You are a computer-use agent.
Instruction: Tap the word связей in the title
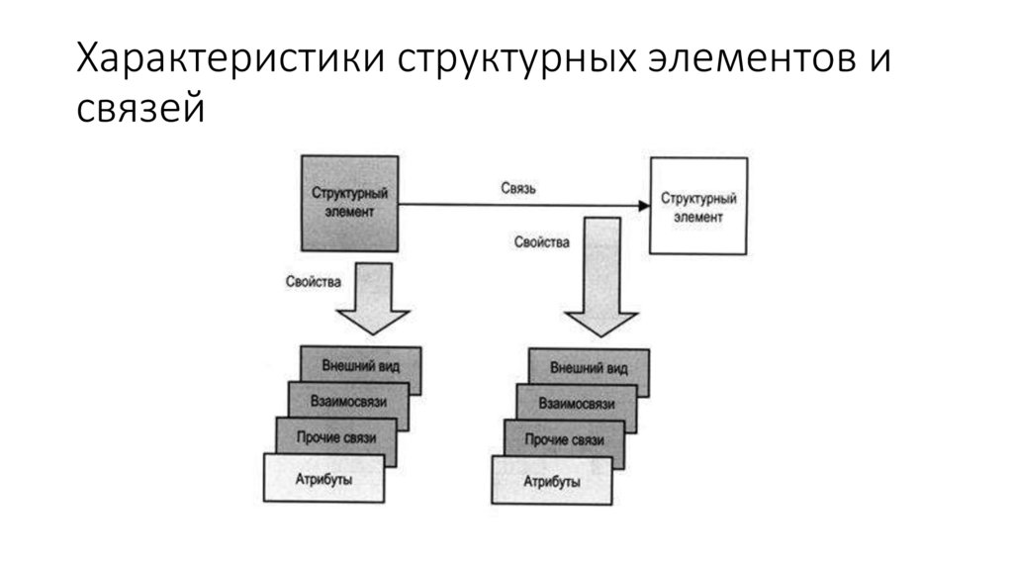pyautogui.click(x=141, y=106)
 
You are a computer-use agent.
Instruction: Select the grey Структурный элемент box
pyautogui.click(x=349, y=203)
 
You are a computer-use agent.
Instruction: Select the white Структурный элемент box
pyautogui.click(x=697, y=206)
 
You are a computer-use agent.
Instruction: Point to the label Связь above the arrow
pyautogui.click(x=518, y=189)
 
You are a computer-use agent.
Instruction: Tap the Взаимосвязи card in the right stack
pyautogui.click(x=577, y=404)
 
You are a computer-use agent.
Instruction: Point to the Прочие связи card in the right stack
pyautogui.click(x=564, y=439)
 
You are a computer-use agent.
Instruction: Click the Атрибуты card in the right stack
pyautogui.click(x=550, y=482)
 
